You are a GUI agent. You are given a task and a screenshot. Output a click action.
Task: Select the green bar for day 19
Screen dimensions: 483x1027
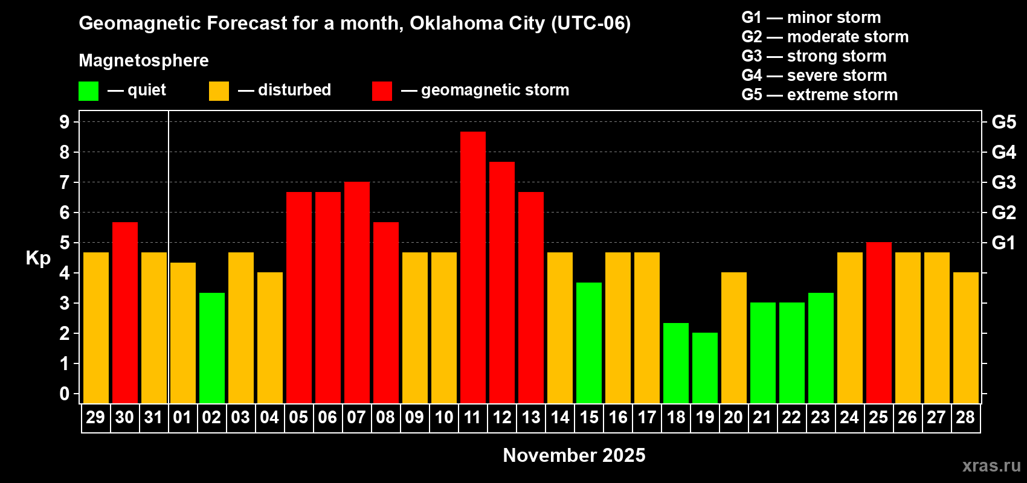click(x=705, y=368)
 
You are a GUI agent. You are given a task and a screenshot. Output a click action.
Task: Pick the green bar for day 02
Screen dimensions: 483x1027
click(x=212, y=348)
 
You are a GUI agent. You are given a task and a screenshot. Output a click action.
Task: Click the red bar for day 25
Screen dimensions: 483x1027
click(x=879, y=322)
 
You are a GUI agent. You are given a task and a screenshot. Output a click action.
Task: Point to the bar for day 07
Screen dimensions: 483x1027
click(x=357, y=292)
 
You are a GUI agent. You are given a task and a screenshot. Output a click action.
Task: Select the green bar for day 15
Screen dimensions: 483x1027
click(x=589, y=342)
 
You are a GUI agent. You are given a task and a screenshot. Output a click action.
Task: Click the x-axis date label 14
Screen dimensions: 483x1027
click(x=560, y=418)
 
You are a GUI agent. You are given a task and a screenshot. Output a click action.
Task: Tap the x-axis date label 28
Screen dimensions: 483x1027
click(x=965, y=418)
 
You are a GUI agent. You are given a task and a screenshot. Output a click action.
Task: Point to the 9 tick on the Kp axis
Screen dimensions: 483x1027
click(x=65, y=122)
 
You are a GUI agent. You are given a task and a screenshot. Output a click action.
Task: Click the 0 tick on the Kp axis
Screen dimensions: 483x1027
click(x=65, y=394)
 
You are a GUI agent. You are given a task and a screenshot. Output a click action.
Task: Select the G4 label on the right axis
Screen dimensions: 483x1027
click(x=1003, y=152)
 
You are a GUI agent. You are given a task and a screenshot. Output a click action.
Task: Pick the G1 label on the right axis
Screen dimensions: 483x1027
click(x=1003, y=243)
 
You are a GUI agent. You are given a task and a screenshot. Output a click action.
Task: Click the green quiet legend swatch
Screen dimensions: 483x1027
click(x=89, y=91)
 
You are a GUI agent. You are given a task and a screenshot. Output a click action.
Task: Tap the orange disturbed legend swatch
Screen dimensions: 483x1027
click(x=219, y=91)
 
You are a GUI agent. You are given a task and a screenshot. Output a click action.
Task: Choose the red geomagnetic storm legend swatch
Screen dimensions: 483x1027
click(x=382, y=91)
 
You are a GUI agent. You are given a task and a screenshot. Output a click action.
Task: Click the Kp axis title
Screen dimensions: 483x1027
click(x=38, y=258)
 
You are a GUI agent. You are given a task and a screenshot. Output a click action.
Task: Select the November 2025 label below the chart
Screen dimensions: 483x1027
click(x=574, y=455)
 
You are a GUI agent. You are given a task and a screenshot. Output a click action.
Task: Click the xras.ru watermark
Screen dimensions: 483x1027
click(x=991, y=465)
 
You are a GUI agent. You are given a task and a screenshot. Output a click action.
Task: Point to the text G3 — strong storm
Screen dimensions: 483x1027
click(x=814, y=56)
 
